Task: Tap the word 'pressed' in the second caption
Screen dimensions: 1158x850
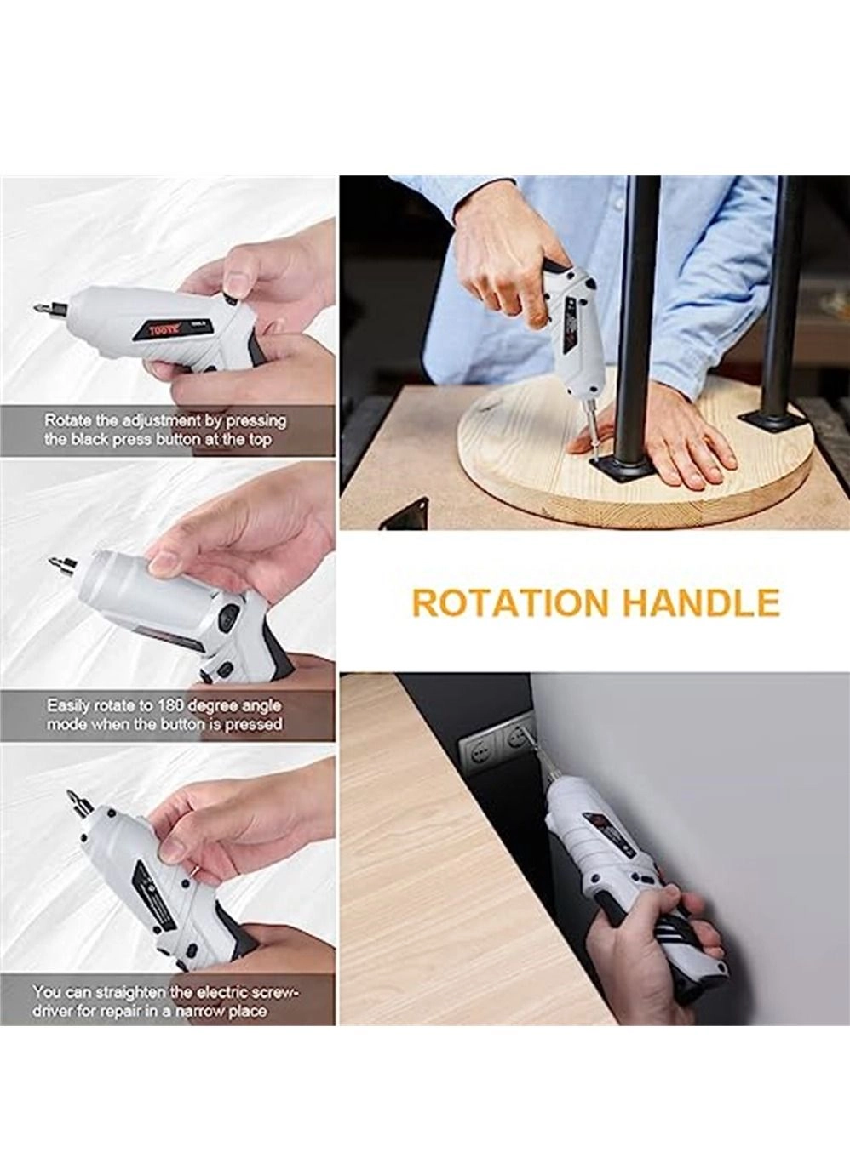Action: [253, 725]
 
